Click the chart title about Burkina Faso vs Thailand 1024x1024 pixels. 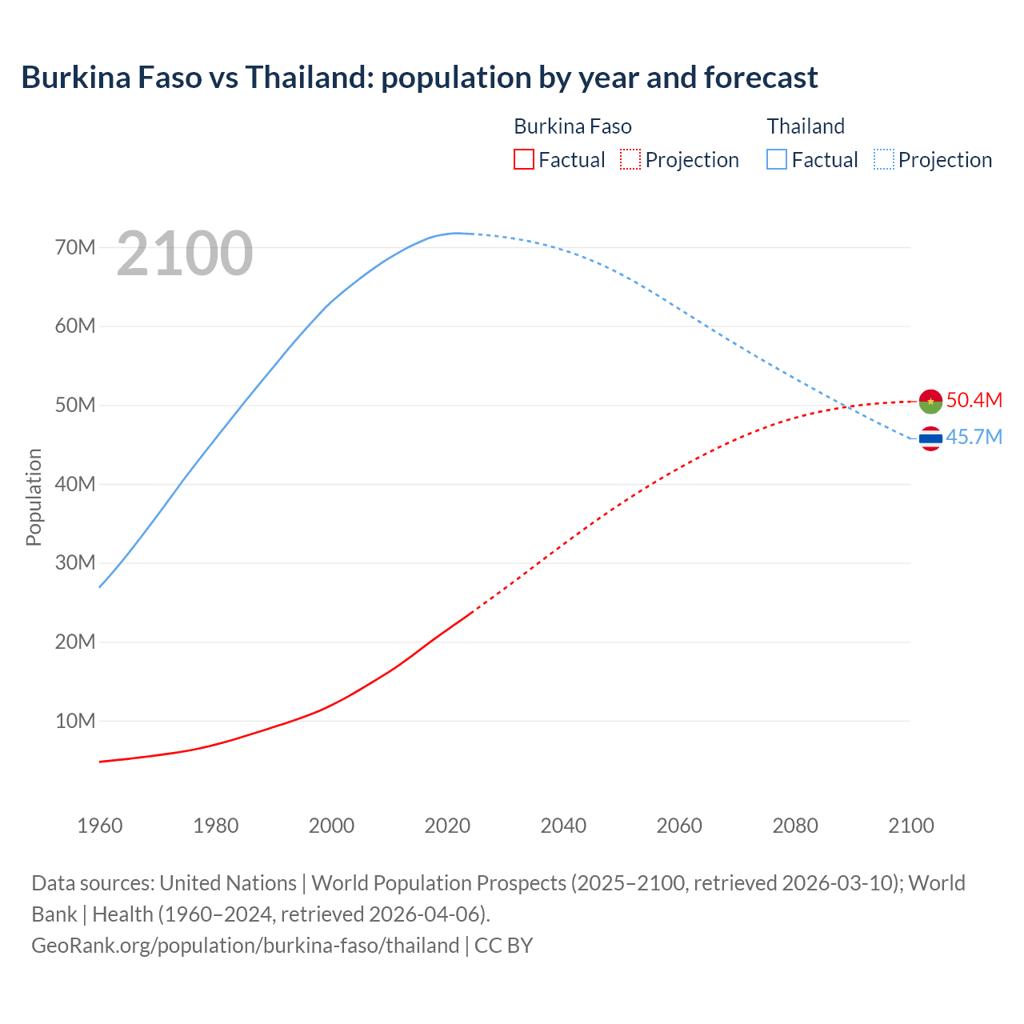click(419, 78)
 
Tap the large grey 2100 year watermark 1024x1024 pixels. click(185, 254)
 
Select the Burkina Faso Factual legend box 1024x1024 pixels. click(523, 159)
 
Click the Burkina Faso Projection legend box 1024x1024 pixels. click(630, 159)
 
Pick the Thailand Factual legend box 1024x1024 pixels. click(777, 159)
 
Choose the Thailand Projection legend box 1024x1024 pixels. click(883, 159)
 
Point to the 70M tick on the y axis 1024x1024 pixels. click(75, 247)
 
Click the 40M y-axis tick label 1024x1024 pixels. click(75, 484)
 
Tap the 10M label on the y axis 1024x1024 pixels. click(75, 721)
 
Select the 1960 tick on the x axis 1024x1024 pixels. click(100, 826)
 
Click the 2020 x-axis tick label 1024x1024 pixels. click(447, 826)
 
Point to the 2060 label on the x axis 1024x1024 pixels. click(679, 826)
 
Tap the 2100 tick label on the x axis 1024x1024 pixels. click(910, 826)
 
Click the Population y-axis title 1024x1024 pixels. click(34, 497)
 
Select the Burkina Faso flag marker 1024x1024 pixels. click(930, 401)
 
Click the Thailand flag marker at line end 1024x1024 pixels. click(930, 438)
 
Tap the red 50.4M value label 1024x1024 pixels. click(974, 400)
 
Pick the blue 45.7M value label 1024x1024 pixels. click(974, 438)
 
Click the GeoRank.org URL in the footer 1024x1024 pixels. click(246, 945)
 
